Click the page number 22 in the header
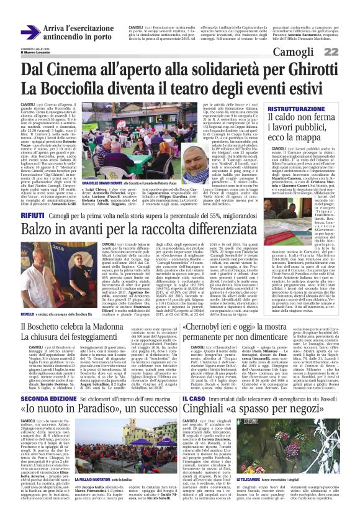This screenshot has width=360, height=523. [x=346, y=50]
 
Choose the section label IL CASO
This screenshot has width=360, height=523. [x=204, y=380]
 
